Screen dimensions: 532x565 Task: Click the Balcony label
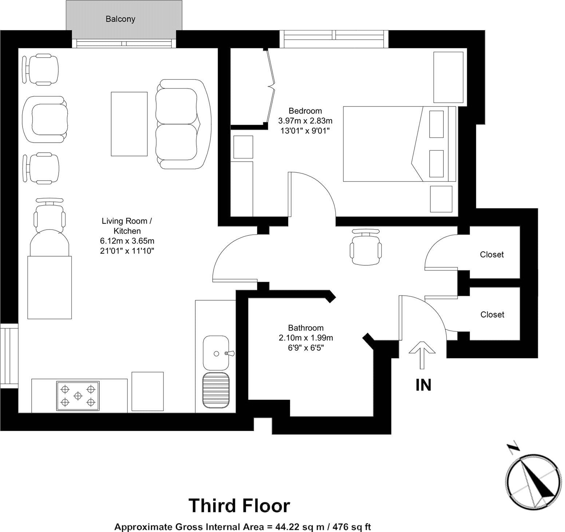(x=120, y=19)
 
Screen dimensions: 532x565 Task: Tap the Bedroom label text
(x=305, y=111)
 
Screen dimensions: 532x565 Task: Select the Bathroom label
(x=305, y=328)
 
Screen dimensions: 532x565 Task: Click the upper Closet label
(x=492, y=255)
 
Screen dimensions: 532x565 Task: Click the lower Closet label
(x=492, y=314)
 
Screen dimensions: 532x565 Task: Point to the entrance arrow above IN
(x=422, y=355)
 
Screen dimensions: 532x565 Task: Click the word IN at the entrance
(x=423, y=385)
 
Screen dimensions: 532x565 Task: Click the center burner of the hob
(x=78, y=395)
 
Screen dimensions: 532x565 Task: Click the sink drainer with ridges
(x=216, y=391)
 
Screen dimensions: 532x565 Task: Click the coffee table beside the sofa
(x=129, y=124)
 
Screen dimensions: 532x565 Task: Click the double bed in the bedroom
(x=399, y=144)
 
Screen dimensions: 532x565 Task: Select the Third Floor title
(x=239, y=505)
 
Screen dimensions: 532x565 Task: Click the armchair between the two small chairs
(x=45, y=120)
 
